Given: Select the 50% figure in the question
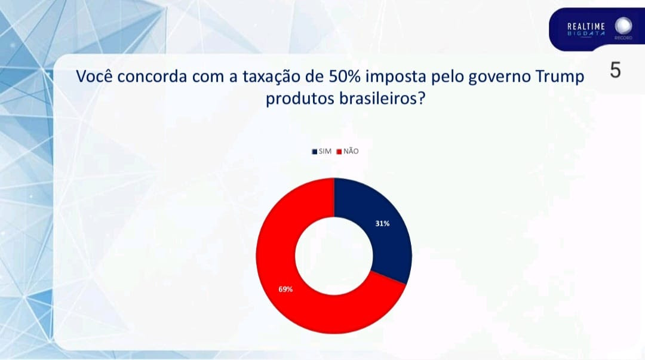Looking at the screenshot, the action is click(x=345, y=76).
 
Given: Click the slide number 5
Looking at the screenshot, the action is click(x=615, y=70).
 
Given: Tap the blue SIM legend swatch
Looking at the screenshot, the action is click(x=315, y=152).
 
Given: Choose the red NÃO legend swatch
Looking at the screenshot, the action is click(x=339, y=152).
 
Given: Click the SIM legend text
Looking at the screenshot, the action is click(x=325, y=152).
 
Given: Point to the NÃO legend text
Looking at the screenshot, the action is click(x=351, y=151).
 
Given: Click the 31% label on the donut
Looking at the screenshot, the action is click(x=382, y=224).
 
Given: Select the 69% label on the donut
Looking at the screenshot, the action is click(x=285, y=289).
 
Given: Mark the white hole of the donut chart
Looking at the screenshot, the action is click(x=334, y=256).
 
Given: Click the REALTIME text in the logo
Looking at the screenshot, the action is click(x=586, y=27).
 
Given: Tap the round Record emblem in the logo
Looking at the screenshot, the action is click(x=623, y=26).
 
